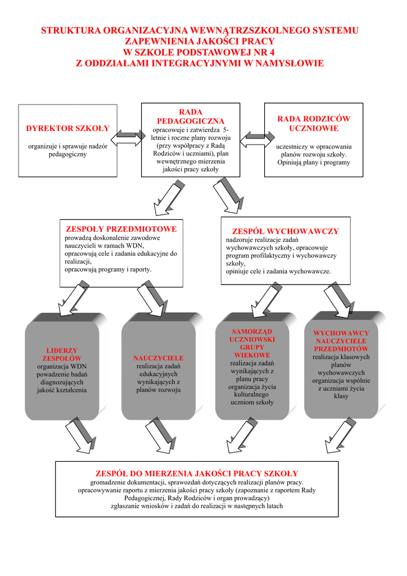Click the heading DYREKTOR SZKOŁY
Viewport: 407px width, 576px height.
click(x=67, y=129)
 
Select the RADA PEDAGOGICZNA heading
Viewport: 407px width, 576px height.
click(x=190, y=116)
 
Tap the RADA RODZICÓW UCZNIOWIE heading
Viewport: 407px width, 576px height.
click(x=314, y=123)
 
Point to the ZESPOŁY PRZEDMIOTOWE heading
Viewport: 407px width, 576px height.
click(x=121, y=229)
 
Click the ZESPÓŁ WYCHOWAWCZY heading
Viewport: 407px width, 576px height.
click(x=286, y=231)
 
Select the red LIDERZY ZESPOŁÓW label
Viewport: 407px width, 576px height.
click(x=62, y=354)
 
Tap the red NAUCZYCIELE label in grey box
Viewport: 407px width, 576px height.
click(x=159, y=358)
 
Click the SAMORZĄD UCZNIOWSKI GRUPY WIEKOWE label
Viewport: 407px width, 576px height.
click(x=252, y=343)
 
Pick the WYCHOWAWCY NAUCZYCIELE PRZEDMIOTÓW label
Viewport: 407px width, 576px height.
click(x=341, y=341)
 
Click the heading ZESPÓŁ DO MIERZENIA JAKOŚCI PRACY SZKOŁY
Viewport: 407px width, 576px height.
click(x=197, y=474)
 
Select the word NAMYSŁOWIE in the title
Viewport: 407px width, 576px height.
click(x=290, y=63)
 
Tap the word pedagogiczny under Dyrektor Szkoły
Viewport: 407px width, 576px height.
click(x=67, y=154)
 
